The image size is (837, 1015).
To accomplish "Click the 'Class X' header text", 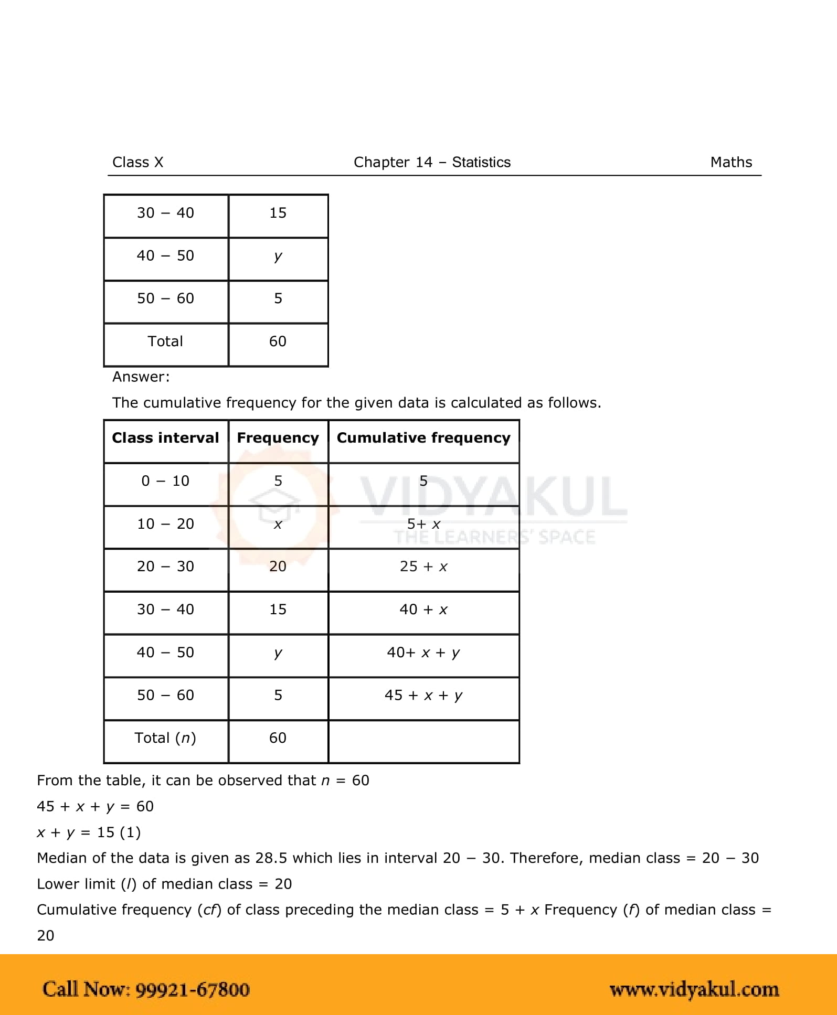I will [x=137, y=163].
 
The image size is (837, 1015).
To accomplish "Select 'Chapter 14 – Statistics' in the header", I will [x=432, y=163].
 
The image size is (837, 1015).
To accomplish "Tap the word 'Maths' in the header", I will [x=731, y=163].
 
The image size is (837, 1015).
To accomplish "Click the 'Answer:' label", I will [x=141, y=377].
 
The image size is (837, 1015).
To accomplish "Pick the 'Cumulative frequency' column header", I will [x=423, y=438].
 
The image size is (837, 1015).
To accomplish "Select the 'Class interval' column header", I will [x=165, y=438].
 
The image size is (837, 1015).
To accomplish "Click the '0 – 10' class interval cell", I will [x=165, y=481].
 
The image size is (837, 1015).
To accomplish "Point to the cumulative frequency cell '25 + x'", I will [x=423, y=567].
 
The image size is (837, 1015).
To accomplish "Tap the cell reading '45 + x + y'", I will [x=423, y=696].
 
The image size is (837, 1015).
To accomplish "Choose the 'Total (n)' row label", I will [x=165, y=739].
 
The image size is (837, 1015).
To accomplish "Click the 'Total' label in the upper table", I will [x=165, y=341].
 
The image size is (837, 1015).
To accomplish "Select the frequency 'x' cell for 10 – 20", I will [x=278, y=524].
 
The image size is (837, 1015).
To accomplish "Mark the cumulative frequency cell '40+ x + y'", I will [x=423, y=653].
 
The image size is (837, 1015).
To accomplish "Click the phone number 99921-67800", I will [x=192, y=990].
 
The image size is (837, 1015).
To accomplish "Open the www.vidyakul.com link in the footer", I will [x=694, y=990].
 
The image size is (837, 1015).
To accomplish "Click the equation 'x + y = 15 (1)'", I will [x=89, y=832].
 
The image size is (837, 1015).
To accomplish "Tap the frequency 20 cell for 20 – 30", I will [x=278, y=567].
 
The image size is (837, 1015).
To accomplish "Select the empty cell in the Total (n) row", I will [x=423, y=741].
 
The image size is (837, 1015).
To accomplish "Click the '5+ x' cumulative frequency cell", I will [x=423, y=524].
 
